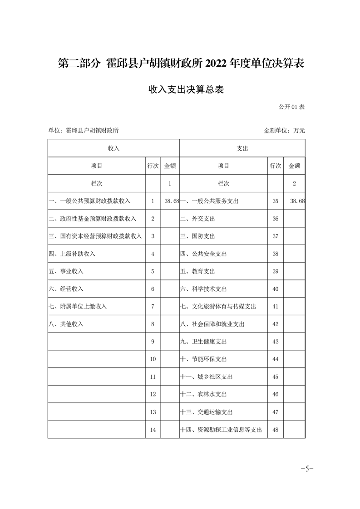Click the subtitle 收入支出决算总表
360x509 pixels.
180,90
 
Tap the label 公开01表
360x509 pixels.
291,107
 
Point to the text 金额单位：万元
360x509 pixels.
284,130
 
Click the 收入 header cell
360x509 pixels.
113,148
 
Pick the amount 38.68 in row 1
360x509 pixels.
172,201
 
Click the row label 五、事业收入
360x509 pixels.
66,271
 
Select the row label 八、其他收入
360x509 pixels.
66,324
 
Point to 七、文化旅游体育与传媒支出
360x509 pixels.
218,307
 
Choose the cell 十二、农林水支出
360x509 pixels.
203,394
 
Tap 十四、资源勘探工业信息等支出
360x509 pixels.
221,430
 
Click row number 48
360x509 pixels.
275,430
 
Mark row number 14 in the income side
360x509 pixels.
153,430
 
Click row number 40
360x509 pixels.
275,289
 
